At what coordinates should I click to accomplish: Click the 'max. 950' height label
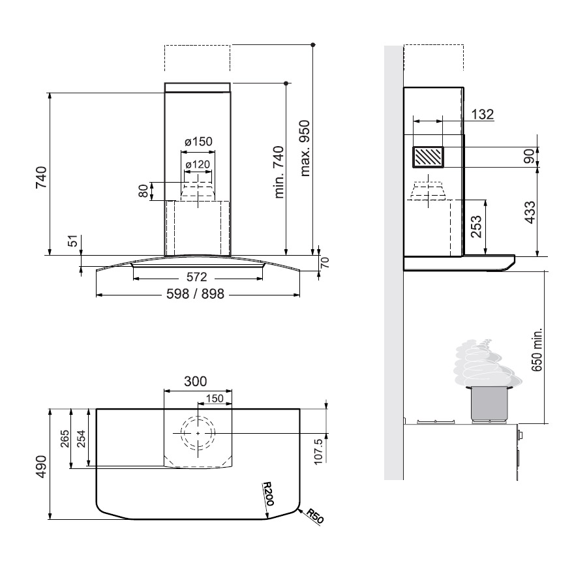tap(305, 148)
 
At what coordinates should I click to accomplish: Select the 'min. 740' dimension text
tap(279, 172)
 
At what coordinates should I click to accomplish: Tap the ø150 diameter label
tap(198, 142)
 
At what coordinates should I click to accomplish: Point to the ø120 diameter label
tap(198, 165)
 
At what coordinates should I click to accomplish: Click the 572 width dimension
tap(197, 277)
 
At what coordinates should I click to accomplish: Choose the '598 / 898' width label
tap(195, 294)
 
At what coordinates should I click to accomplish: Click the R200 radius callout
tap(268, 494)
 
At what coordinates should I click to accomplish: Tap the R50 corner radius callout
tap(315, 516)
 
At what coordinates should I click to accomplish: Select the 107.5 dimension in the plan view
tap(318, 452)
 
